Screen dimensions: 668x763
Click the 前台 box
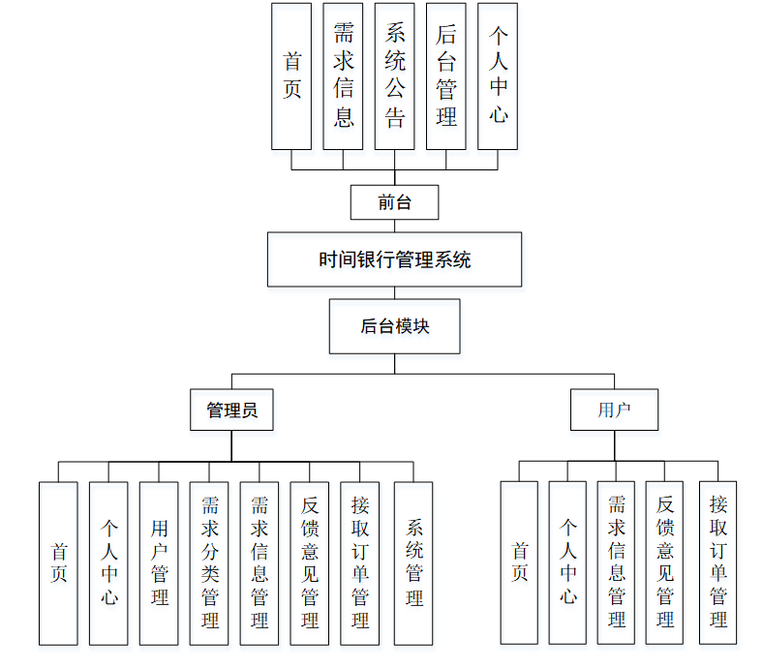point(394,203)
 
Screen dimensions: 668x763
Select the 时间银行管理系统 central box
point(394,259)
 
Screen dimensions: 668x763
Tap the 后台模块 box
point(394,327)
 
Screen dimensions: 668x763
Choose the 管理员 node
point(231,410)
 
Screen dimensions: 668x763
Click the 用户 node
point(614,410)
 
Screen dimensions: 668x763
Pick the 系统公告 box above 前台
point(394,76)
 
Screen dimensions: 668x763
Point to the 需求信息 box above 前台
point(343,76)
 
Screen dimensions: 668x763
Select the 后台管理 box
point(445,76)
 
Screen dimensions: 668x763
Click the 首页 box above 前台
point(291,76)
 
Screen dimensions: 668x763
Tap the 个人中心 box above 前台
point(498,76)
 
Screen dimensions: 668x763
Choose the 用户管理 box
point(159,562)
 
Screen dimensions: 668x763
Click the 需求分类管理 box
point(209,562)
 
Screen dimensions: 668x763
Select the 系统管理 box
point(413,562)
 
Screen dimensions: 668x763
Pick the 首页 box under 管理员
point(58,562)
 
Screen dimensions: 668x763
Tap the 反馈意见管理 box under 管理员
point(310,562)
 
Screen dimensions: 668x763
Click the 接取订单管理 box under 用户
point(717,562)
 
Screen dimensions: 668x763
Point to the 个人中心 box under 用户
point(567,562)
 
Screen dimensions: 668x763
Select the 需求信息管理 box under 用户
point(617,562)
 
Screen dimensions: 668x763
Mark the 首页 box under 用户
point(519,562)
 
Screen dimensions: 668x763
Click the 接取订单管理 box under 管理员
point(360,562)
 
